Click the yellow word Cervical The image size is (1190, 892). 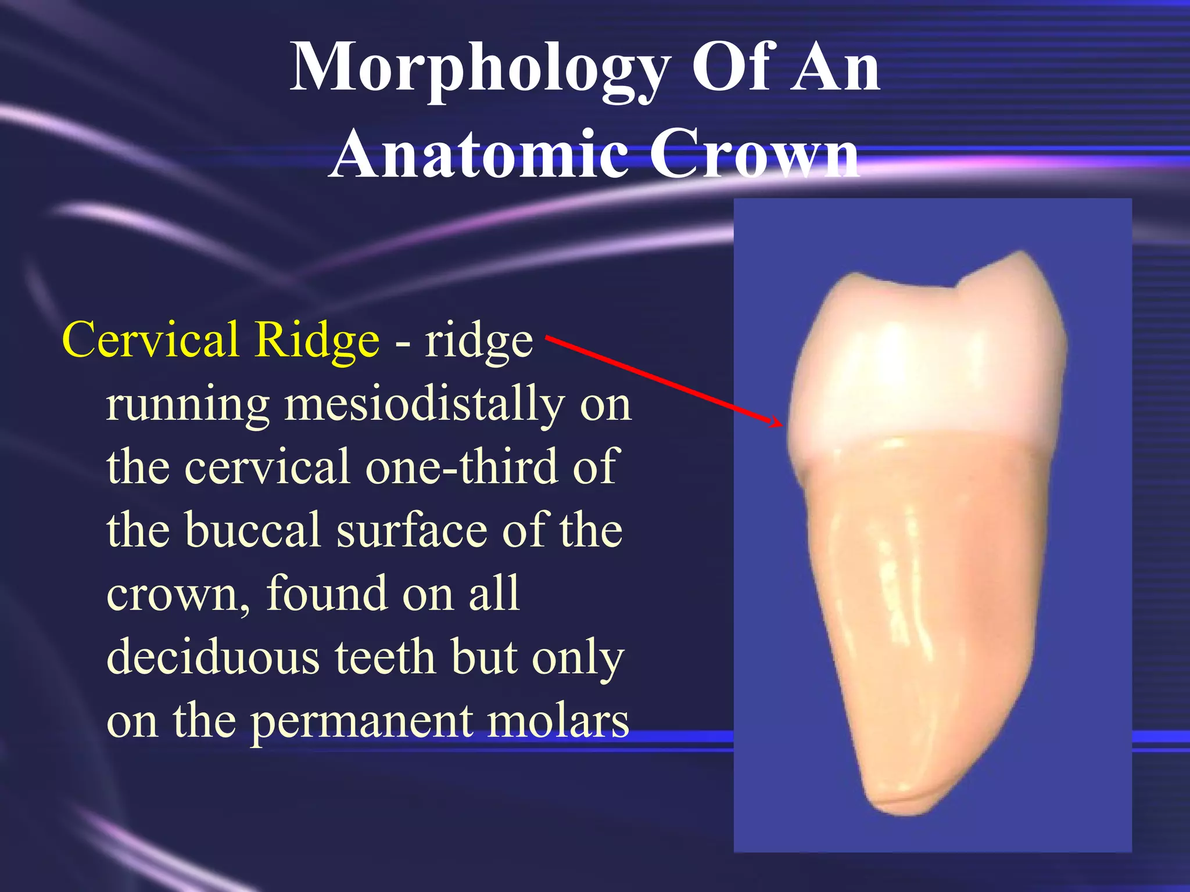(x=150, y=340)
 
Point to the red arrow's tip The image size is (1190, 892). (x=781, y=423)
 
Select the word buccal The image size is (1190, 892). (x=253, y=530)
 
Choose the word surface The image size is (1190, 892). (x=411, y=530)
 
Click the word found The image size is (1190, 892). (x=327, y=593)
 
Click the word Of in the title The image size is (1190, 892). (x=731, y=69)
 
